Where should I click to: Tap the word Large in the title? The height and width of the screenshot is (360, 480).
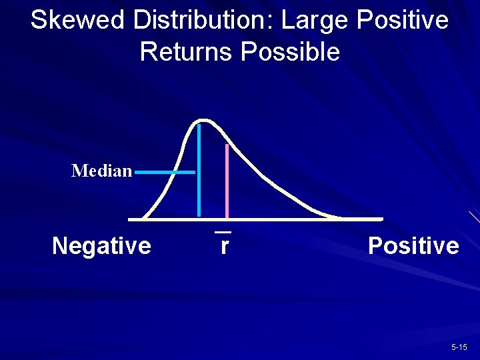tap(315, 20)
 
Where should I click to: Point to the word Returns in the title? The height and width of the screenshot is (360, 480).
tap(187, 52)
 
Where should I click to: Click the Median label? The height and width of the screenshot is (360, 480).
tap(101, 171)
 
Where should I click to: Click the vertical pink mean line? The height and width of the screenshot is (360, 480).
tap(227, 180)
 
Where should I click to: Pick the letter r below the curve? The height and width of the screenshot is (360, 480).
tap(225, 246)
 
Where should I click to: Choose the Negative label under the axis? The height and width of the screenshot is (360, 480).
tap(101, 246)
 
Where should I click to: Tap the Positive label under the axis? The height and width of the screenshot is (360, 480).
tap(413, 246)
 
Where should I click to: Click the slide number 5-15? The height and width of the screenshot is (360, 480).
tap(459, 347)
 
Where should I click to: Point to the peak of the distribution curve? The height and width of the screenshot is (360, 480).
tap(205, 121)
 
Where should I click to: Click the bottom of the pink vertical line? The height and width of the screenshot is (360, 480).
tap(227, 216)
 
